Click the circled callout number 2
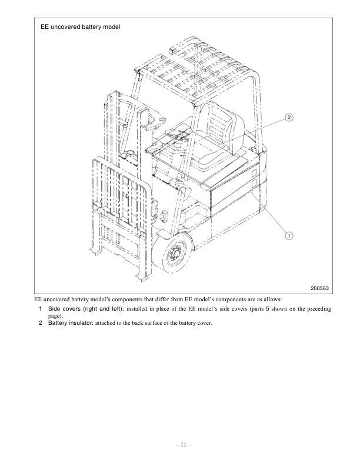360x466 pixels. (x=289, y=117)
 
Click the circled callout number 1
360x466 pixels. (x=289, y=235)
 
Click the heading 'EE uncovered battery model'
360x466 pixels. (x=80, y=27)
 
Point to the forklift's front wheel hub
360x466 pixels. (x=175, y=255)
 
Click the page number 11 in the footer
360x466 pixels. (x=180, y=445)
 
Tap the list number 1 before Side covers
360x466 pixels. (x=40, y=309)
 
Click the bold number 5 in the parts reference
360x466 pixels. (x=266, y=309)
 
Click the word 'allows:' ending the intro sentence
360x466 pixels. (x=278, y=299)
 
